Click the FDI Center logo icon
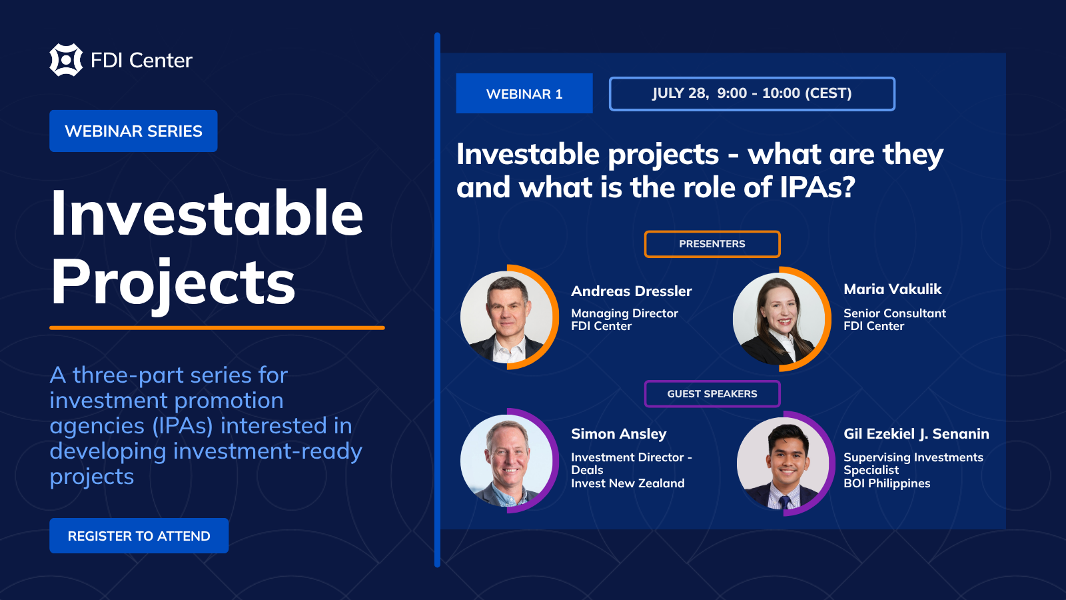(66, 60)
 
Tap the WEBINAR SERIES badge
(133, 131)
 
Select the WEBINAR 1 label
(524, 93)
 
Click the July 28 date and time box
(752, 93)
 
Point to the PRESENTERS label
(712, 244)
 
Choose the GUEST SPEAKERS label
(712, 394)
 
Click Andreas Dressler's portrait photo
(507, 317)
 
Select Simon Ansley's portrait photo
(507, 461)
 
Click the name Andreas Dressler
(631, 291)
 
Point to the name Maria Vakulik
(892, 289)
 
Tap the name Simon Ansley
(619, 434)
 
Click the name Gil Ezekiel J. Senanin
(916, 434)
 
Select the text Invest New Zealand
(628, 483)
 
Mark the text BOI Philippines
(887, 483)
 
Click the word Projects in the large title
(173, 284)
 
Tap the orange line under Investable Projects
(217, 327)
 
